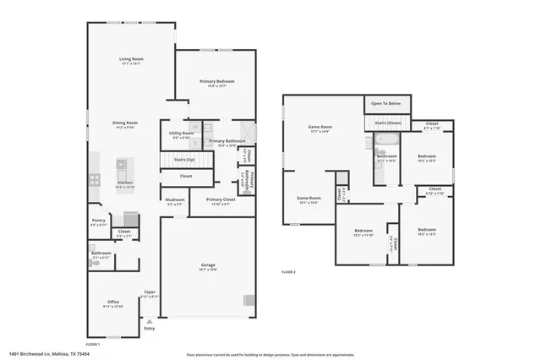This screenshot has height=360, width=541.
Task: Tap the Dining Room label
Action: [124, 123]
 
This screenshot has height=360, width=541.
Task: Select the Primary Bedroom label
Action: [216, 81]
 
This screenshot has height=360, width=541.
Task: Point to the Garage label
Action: [207, 268]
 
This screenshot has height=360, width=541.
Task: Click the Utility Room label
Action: [182, 133]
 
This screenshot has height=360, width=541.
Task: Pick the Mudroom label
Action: [174, 199]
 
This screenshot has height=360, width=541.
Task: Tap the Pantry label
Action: [99, 221]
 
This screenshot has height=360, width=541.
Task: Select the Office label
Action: [113, 302]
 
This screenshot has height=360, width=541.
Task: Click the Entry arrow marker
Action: [149, 321]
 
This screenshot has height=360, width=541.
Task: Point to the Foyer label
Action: [149, 292]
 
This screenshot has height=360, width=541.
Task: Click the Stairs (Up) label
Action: [185, 159]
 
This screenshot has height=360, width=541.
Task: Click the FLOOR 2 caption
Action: [289, 271]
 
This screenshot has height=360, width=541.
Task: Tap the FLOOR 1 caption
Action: [92, 344]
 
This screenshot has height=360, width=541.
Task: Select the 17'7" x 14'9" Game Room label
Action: [320, 128]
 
